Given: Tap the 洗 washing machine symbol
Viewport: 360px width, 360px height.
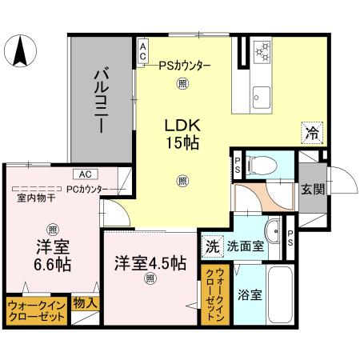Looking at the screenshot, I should [x=211, y=246].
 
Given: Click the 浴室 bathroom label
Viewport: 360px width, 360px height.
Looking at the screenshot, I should [x=249, y=295].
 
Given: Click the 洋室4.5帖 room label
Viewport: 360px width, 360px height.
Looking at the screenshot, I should [x=150, y=262].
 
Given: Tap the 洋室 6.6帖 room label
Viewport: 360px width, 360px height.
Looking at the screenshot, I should [x=52, y=254].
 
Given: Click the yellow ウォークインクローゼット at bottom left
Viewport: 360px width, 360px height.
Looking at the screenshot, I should [x=36, y=310].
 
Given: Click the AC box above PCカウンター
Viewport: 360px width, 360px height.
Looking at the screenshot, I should [x=82, y=174].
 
